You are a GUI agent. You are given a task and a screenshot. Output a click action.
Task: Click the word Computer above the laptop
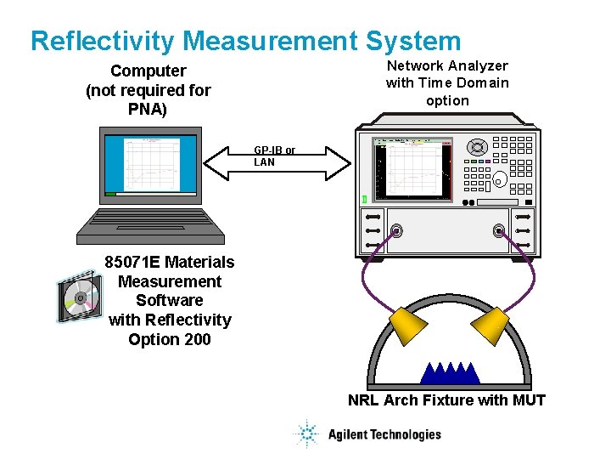point(148,71)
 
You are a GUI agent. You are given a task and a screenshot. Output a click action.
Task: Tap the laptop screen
point(150,164)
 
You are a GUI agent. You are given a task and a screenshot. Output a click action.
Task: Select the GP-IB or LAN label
point(274,156)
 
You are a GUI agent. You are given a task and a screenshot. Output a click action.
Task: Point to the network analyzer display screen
point(412,168)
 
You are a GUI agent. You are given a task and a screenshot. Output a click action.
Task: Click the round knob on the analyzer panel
point(477,148)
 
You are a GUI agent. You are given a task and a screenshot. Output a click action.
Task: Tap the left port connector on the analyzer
point(395,230)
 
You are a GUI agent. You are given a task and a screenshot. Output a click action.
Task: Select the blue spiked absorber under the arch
point(450,372)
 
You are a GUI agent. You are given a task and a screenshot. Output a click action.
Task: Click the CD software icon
point(79,298)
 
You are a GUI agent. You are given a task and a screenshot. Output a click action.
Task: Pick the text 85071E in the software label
point(132,262)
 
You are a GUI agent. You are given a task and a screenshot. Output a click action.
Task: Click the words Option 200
point(170,339)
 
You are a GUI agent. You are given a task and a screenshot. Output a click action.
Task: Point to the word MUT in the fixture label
point(529,399)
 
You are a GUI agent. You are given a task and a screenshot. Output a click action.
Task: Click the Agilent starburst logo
point(305,433)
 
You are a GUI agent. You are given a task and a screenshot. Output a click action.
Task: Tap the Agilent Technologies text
point(384,434)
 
